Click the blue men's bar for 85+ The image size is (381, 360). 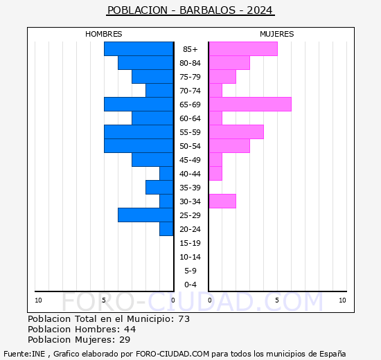point(139,49)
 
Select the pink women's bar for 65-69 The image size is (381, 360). point(250,105)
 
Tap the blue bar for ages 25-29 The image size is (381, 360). point(145,215)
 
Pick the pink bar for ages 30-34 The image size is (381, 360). point(222,201)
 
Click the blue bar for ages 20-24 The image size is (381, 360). point(166,229)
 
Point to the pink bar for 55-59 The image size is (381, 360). point(236,132)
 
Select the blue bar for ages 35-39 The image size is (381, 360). point(159,188)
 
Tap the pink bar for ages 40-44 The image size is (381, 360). point(215,174)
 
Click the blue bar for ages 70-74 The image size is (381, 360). point(159,91)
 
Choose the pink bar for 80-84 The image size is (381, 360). point(229,63)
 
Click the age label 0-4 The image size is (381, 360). point(190,285)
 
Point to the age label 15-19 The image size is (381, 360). point(190,243)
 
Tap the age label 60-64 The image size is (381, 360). point(190,118)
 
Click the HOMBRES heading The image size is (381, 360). point(104,34)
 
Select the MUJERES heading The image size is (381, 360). point(277,34)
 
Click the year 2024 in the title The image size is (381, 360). point(260,10)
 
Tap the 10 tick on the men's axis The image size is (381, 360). point(38,300)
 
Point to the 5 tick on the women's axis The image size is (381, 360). point(277,300)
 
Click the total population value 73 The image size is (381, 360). point(184,318)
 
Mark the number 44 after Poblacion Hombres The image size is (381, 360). point(130,329)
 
